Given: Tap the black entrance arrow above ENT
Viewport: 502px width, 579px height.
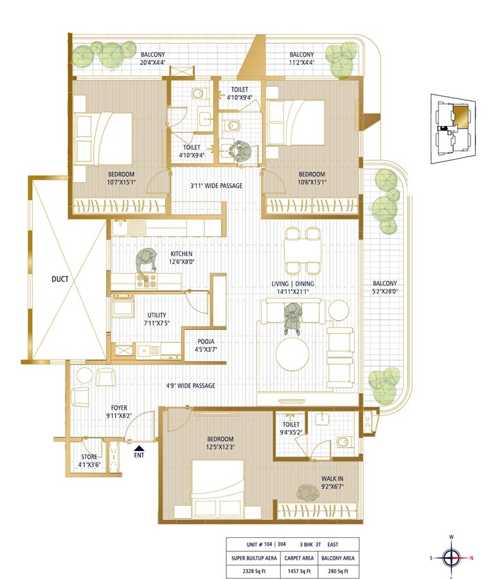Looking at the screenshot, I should click(x=138, y=446).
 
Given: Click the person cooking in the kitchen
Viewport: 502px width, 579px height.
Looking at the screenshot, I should click(x=146, y=262).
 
